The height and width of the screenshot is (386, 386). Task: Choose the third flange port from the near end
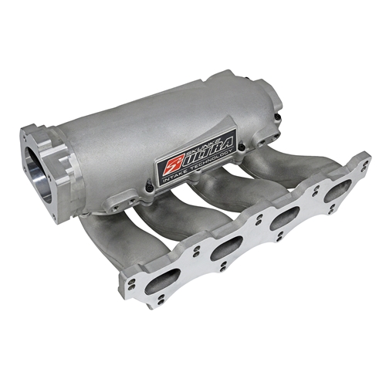tap(285, 217)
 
